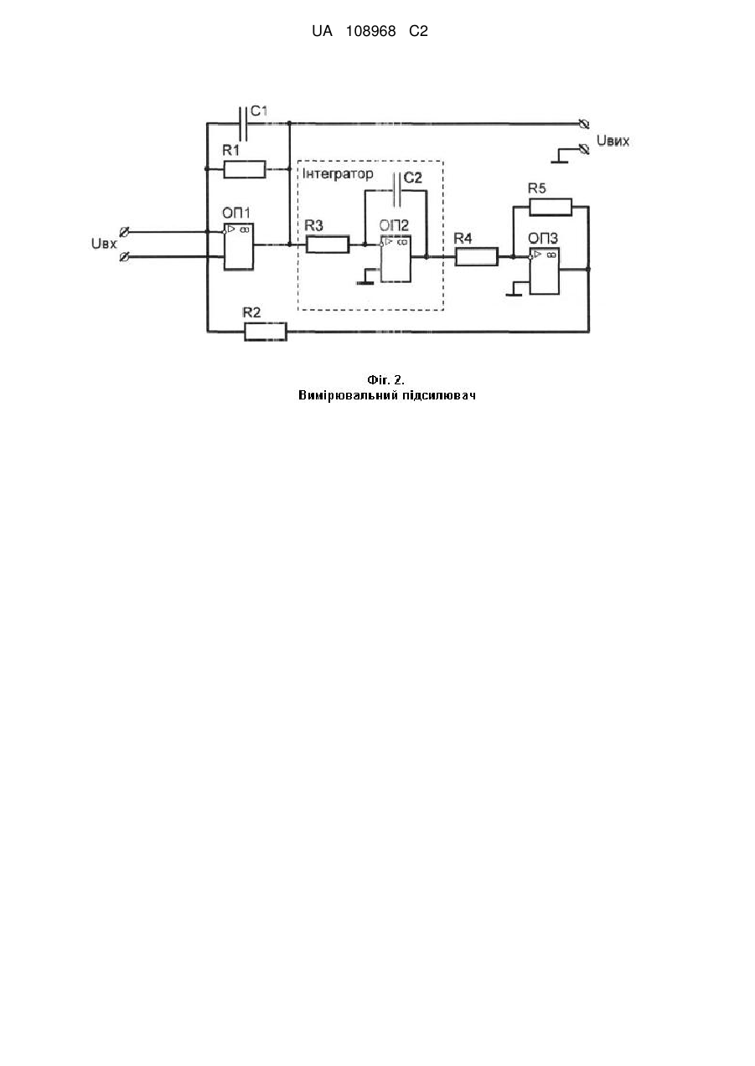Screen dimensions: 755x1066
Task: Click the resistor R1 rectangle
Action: (x=245, y=169)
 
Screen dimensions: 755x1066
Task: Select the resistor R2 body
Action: (x=266, y=332)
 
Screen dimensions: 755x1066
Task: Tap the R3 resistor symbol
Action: (x=328, y=245)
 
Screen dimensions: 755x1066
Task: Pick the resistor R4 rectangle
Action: (x=476, y=256)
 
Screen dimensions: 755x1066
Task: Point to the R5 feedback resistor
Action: (x=551, y=207)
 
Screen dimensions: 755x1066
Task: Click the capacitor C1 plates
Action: (x=243, y=124)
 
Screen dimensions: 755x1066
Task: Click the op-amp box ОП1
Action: (x=239, y=246)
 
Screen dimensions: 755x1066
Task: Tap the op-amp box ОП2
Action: (x=396, y=259)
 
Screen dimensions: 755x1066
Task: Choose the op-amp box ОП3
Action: (x=545, y=270)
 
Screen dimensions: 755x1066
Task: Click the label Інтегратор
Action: (x=338, y=174)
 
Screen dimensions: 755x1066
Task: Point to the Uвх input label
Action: (x=104, y=244)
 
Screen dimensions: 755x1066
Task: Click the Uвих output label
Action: (x=613, y=141)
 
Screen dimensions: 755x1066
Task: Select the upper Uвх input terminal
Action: (x=125, y=232)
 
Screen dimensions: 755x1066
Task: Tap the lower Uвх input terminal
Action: (x=125, y=257)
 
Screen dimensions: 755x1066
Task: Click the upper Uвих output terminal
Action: (x=584, y=124)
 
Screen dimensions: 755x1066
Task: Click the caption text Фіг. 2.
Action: (x=385, y=380)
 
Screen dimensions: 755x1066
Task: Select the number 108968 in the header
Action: (x=370, y=32)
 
